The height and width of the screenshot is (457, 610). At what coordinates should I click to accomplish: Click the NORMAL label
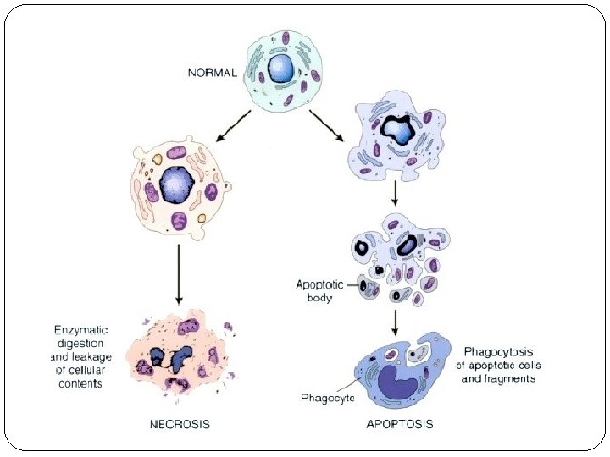point(212,73)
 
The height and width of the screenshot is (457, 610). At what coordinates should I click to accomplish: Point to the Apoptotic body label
point(321,290)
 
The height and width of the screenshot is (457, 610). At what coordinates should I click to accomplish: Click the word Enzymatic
point(79,330)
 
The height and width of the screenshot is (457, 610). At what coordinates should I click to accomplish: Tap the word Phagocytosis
point(502,351)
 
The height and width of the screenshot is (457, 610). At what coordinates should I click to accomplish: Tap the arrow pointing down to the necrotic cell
point(178,275)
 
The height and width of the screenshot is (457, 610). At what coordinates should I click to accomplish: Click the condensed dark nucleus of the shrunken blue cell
point(397,129)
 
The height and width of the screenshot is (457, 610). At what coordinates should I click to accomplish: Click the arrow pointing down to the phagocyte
point(395,320)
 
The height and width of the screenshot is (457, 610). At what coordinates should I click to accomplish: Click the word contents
point(81,383)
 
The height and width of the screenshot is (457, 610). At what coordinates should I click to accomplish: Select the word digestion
point(79,344)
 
